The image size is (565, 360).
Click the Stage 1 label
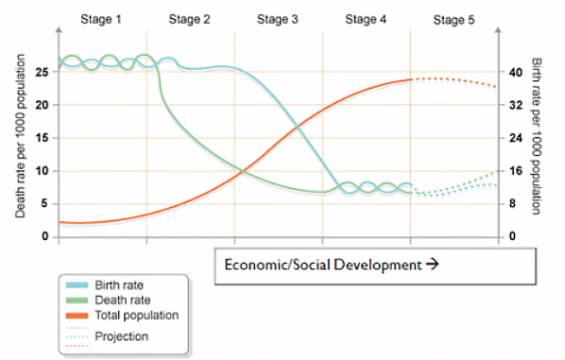tap(102, 19)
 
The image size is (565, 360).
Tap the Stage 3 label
tap(278, 19)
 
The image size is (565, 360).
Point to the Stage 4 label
tap(366, 19)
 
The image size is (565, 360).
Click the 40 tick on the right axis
tap(515, 72)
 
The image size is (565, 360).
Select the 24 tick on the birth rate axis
tap(515, 138)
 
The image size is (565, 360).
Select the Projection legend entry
tap(122, 336)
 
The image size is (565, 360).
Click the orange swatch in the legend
tap(77, 316)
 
